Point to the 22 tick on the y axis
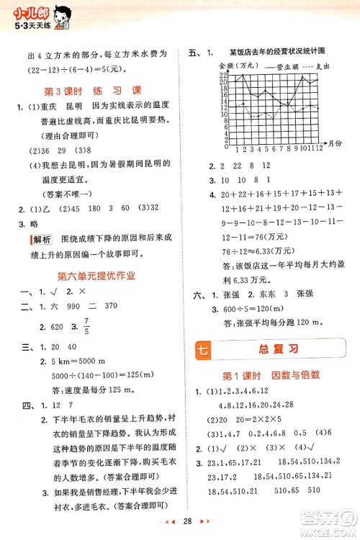(x=225, y=75)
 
